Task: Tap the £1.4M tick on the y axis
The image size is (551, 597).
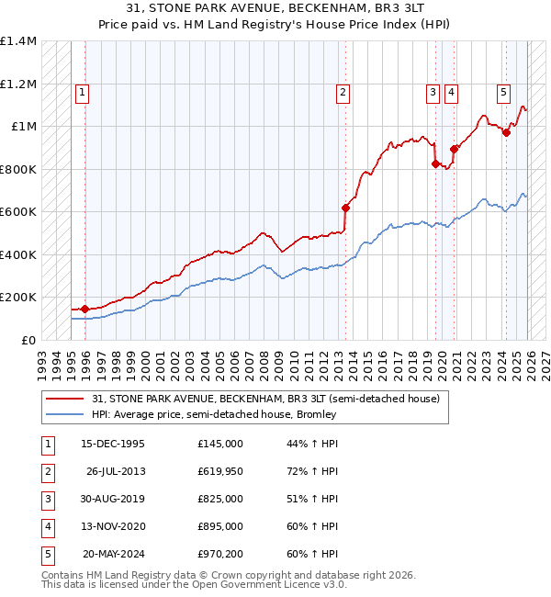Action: [18, 42]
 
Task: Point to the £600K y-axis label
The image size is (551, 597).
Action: [18, 212]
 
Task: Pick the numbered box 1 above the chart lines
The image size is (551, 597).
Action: [83, 92]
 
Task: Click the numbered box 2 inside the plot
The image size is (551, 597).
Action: [343, 92]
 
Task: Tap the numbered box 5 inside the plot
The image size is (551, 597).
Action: [504, 92]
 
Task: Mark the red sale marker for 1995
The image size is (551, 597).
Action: [85, 310]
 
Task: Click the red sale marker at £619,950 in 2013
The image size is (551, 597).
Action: [345, 208]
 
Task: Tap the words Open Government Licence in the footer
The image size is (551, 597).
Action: [274, 584]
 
